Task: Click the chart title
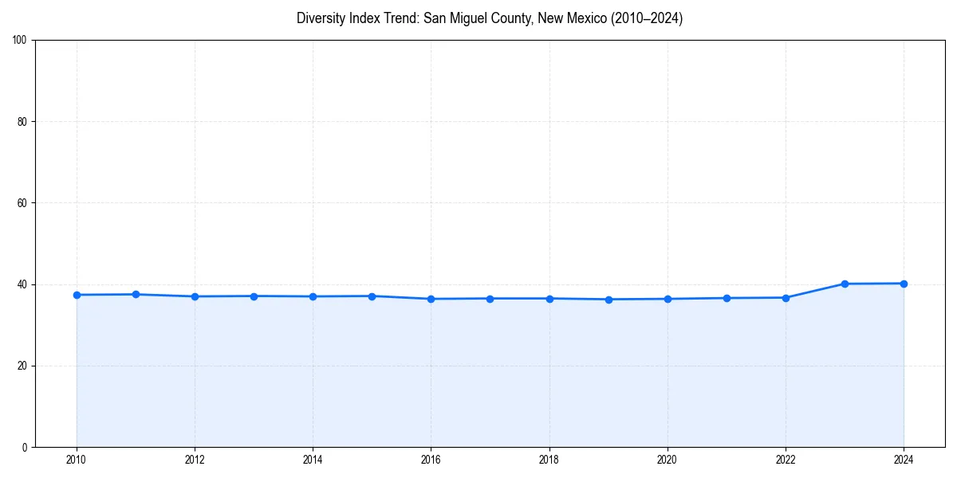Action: [x=489, y=18]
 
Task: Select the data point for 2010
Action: [x=77, y=295]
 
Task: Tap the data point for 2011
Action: [x=136, y=295]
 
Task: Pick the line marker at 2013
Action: [x=254, y=296]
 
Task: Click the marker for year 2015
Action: [x=372, y=296]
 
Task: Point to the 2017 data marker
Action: [x=490, y=299]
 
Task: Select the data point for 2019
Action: [x=608, y=300]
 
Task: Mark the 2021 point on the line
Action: [x=727, y=298]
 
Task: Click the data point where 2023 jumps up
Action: [x=845, y=284]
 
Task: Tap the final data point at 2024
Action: [x=904, y=284]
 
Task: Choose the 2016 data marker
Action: [x=431, y=299]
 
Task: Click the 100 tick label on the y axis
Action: [x=20, y=41]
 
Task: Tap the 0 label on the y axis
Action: [x=25, y=447]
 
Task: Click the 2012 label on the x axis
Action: [x=195, y=460]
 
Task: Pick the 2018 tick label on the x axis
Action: [x=549, y=460]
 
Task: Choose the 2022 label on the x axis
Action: [x=786, y=460]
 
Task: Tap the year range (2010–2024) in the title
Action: [x=644, y=18]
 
